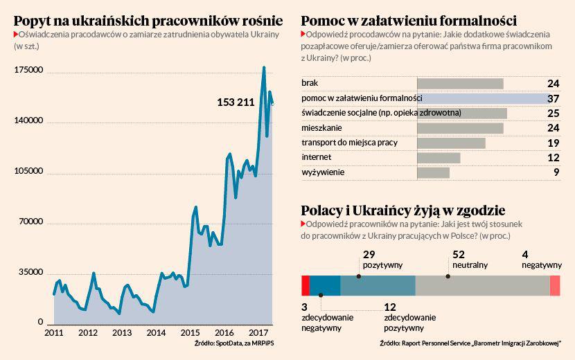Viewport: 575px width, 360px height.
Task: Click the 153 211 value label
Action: click(x=236, y=102)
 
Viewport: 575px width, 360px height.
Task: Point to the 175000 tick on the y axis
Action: click(x=29, y=71)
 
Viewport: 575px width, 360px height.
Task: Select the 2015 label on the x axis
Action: click(x=191, y=333)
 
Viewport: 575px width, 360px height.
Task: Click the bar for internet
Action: click(x=439, y=158)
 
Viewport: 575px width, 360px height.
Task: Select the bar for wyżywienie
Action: click(x=434, y=172)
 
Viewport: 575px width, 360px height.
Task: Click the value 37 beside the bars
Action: click(x=553, y=99)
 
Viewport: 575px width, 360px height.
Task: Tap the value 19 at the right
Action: click(x=553, y=143)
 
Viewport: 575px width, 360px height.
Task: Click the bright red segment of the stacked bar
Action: click(x=306, y=286)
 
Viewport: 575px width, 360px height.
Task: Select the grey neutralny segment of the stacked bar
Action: click(x=482, y=286)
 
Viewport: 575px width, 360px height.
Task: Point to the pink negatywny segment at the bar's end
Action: click(x=554, y=286)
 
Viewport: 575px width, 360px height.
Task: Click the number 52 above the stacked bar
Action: click(x=458, y=254)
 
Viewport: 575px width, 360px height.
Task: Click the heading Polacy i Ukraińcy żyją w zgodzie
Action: click(x=402, y=210)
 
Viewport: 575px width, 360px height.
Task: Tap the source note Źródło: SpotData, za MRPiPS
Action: click(x=223, y=344)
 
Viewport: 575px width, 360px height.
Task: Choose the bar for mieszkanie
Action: click(x=460, y=128)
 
